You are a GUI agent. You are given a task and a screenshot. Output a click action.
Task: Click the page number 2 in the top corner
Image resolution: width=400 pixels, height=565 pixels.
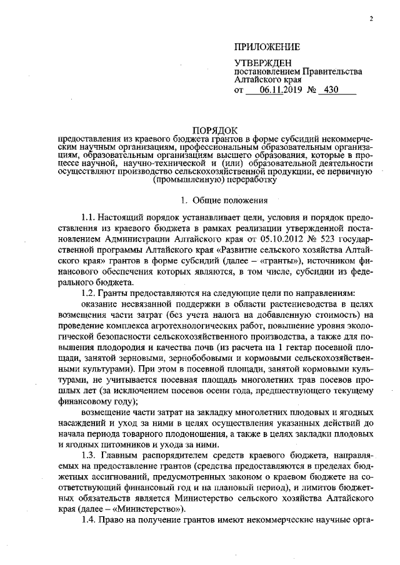point(371,19)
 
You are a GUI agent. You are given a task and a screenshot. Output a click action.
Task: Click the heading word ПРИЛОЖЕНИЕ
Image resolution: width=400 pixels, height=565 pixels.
point(267,47)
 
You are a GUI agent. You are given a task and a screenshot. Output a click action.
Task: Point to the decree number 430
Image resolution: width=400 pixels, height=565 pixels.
point(328,90)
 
